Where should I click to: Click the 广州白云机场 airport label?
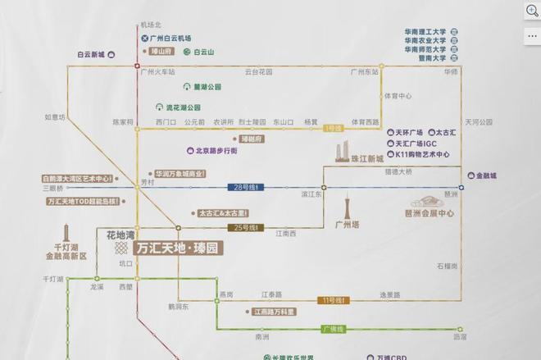click(170, 39)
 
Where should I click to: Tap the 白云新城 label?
click(91, 54)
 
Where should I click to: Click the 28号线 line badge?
click(246, 188)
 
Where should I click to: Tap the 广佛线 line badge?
click(333, 329)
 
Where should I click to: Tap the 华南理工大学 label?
click(425, 32)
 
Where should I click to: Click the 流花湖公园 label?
click(182, 107)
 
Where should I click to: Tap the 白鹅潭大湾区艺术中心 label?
click(77, 178)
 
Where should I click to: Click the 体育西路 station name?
click(366, 121)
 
